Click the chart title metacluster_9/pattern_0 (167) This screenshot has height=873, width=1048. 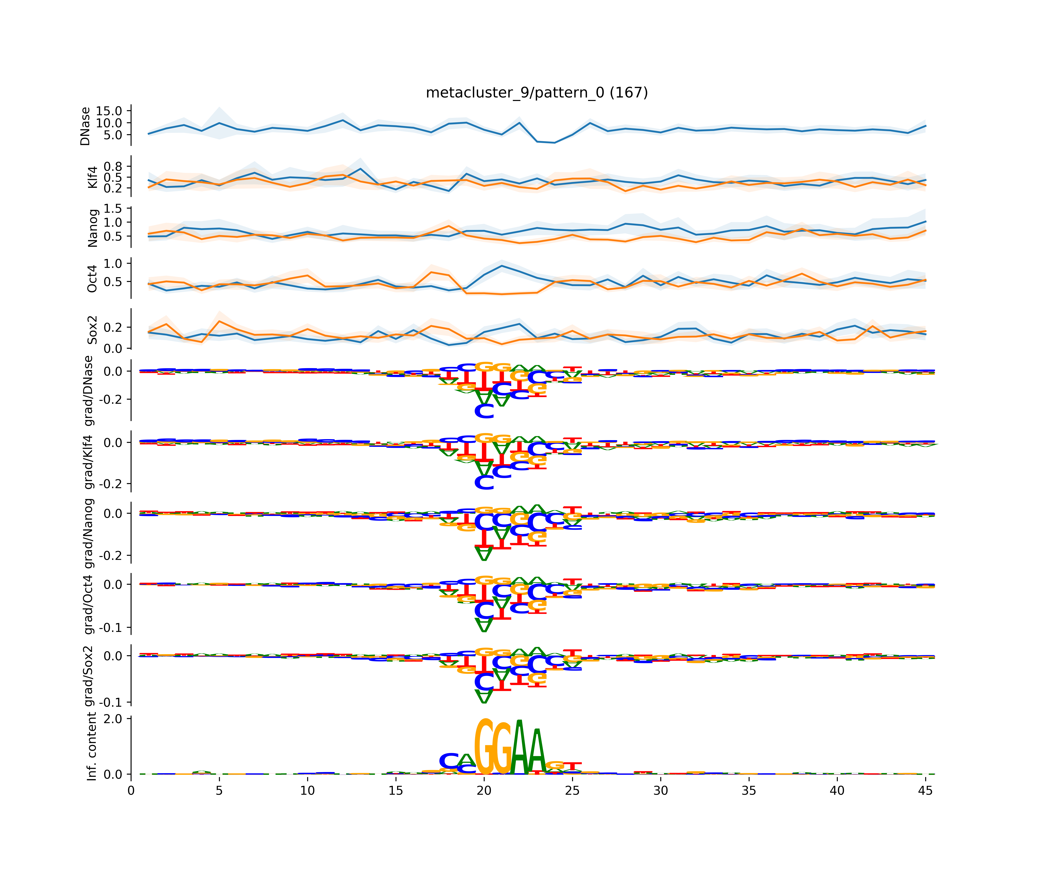tap(537, 93)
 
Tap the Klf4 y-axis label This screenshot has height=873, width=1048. tap(92, 177)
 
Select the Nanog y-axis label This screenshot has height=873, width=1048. tap(92, 228)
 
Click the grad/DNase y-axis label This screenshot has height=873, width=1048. tap(89, 391)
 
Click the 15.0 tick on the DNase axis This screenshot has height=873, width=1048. tap(109, 111)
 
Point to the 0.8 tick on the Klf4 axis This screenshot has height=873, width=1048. tap(112, 166)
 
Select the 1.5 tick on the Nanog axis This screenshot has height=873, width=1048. tap(112, 209)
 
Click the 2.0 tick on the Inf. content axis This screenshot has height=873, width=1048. tap(112, 719)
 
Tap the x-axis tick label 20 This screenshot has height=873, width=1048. tap(484, 791)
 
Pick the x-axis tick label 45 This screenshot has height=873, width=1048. tap(925, 791)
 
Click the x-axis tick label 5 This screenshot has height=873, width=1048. tap(219, 791)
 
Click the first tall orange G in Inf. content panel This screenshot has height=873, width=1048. tap(484, 747)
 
